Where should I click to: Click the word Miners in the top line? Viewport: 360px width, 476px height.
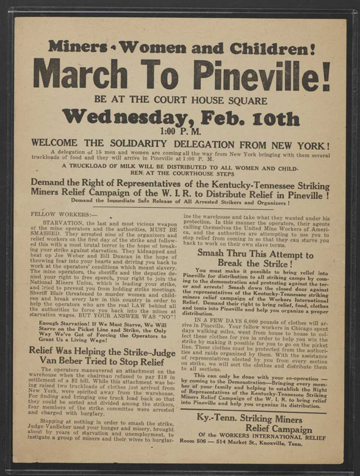click(78, 47)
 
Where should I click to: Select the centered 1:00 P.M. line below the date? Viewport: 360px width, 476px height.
click(181, 131)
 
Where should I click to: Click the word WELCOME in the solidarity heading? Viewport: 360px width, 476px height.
click(54, 143)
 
